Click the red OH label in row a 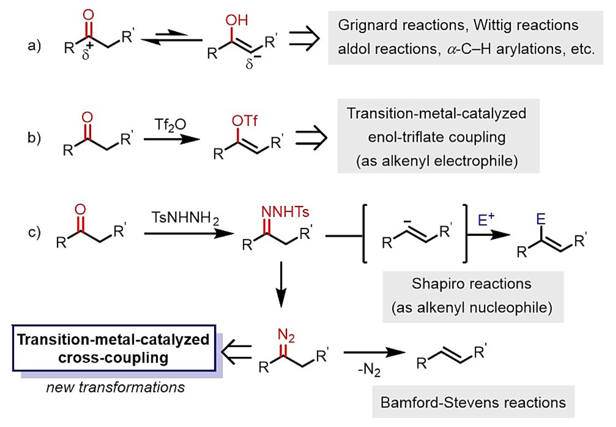(x=236, y=21)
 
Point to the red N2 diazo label (x=286, y=335)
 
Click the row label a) (x=34, y=46)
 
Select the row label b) (x=34, y=138)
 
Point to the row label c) (x=34, y=232)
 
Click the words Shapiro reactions (x=471, y=284)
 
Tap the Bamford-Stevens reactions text (x=473, y=402)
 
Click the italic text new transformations (x=115, y=387)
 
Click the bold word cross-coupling (x=113, y=358)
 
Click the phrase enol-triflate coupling (x=437, y=137)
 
